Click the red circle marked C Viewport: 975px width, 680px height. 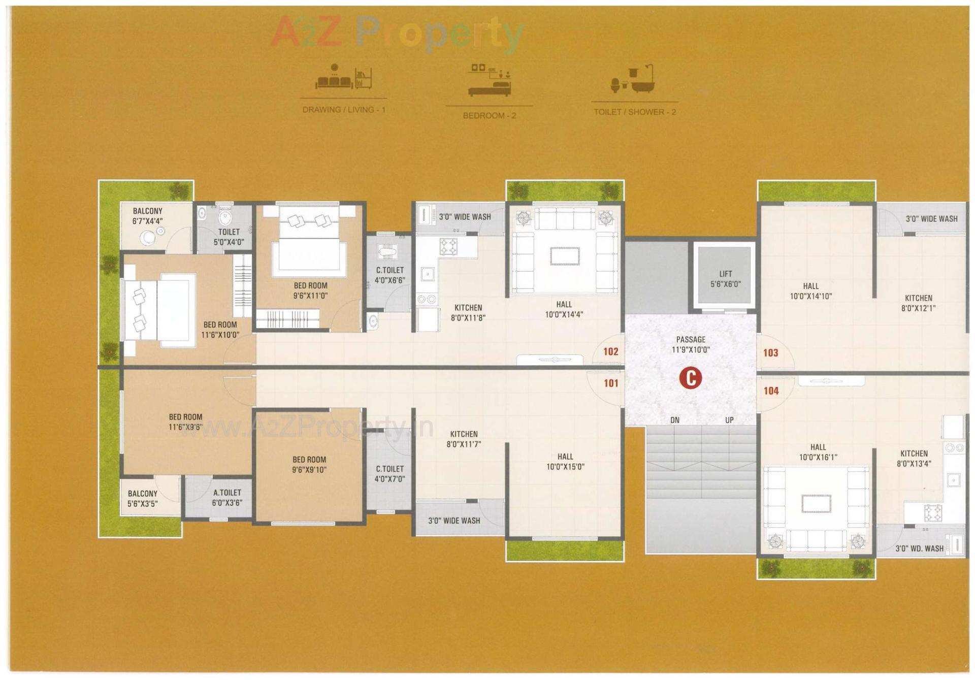(691, 378)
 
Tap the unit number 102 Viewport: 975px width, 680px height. (610, 351)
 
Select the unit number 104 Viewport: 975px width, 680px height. (771, 391)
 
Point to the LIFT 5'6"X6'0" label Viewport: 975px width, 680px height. (725, 279)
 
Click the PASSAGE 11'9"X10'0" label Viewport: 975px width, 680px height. (691, 344)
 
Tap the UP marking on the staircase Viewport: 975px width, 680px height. (729, 420)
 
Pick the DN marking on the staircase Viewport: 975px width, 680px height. (675, 420)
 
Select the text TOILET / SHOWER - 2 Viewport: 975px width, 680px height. (635, 112)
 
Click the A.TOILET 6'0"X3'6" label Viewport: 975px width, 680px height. (227, 498)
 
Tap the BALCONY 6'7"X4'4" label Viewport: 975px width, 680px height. (147, 216)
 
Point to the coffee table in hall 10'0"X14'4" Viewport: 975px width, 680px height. (565, 256)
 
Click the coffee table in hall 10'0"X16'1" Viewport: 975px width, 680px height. (817, 504)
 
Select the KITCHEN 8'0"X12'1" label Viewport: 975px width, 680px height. (918, 303)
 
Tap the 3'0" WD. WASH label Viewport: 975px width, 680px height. (919, 548)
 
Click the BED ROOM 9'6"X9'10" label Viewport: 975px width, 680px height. (309, 465)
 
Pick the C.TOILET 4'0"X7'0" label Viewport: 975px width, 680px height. (389, 474)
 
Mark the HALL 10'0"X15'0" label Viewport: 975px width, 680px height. (565, 462)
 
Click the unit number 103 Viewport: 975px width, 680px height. (770, 352)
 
